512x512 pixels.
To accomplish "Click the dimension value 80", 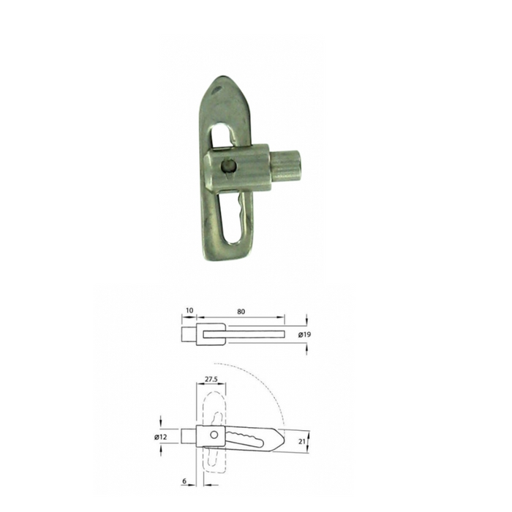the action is [x=241, y=312].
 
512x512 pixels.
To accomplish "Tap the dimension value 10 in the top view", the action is [x=189, y=310].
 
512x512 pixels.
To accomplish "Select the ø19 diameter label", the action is [x=304, y=334].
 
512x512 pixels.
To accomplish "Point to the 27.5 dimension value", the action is [x=211, y=379].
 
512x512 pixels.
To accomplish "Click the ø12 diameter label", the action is [x=161, y=437].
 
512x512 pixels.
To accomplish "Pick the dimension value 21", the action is [x=301, y=441].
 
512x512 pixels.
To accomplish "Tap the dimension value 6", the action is [x=184, y=481].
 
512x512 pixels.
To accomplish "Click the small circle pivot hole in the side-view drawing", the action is [x=214, y=434].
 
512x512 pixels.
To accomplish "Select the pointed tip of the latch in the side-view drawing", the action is [x=284, y=440].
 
